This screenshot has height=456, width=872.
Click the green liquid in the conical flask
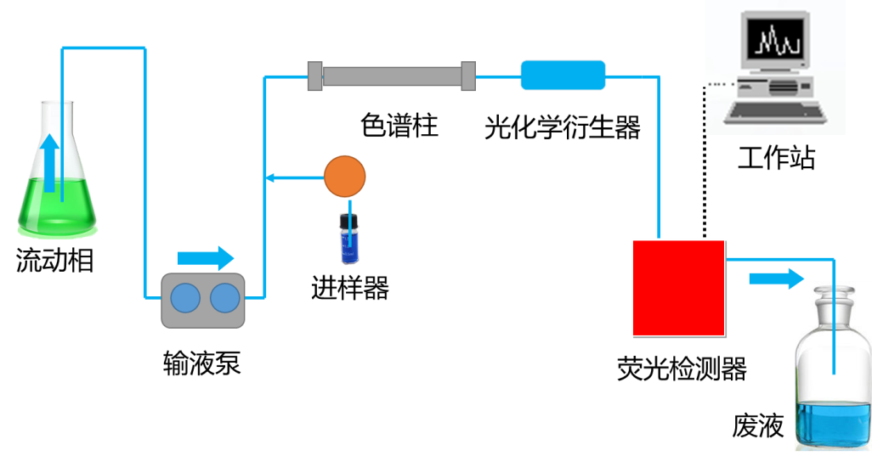pos(38,204)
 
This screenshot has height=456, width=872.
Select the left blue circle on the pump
pos(185,299)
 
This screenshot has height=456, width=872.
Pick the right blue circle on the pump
pos(225,299)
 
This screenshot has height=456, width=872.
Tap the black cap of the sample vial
pos(346,221)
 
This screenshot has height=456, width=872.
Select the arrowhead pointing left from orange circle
pos(269,177)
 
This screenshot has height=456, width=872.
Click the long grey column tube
pos(391,76)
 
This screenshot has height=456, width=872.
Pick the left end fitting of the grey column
pos(315,76)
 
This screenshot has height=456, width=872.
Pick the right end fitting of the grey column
pos(467,76)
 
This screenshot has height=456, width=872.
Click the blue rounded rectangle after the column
pos(563,75)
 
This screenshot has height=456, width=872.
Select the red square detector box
pos(678,287)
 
